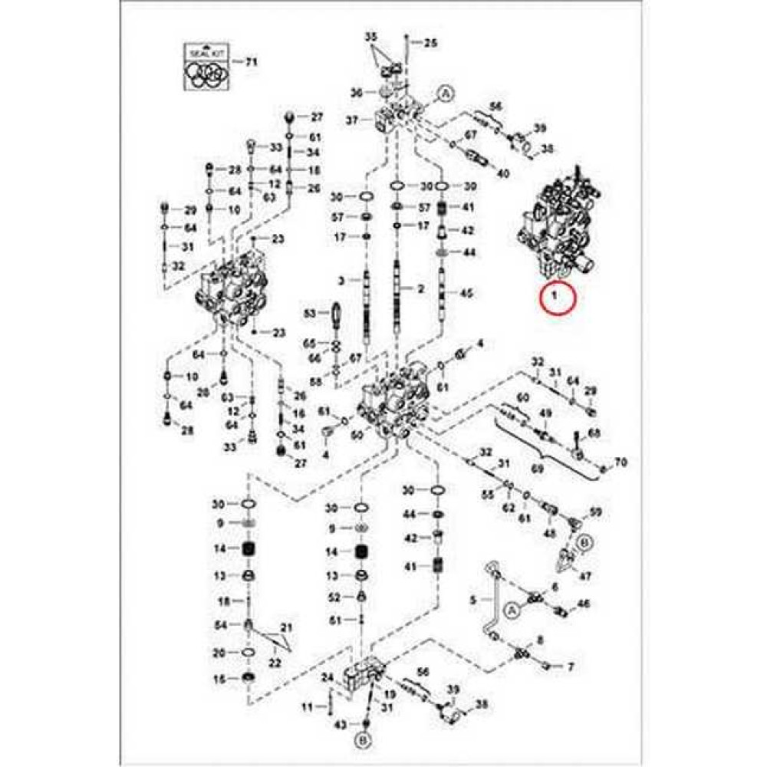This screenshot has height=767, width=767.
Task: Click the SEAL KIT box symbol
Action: tap(205, 67)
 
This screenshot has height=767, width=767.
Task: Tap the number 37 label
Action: tap(352, 120)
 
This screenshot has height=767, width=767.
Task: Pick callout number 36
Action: tap(357, 93)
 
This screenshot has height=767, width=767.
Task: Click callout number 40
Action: tap(503, 173)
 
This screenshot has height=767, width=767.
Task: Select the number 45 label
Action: tap(467, 293)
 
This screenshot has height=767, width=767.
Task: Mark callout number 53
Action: tap(310, 314)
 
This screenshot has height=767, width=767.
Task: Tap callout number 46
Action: tap(584, 604)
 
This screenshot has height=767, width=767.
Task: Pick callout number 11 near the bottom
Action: tap(308, 706)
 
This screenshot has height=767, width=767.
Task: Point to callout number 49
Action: tap(545, 415)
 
